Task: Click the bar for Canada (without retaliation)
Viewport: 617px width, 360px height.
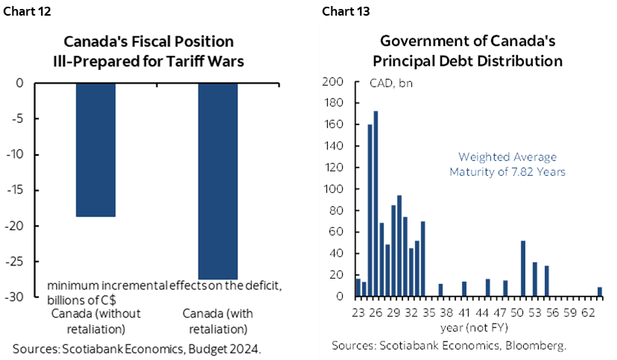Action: click(96, 149)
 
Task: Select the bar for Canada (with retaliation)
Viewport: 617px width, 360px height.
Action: click(218, 181)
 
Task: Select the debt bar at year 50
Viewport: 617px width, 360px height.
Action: click(523, 268)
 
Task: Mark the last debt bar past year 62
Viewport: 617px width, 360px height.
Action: click(600, 291)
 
